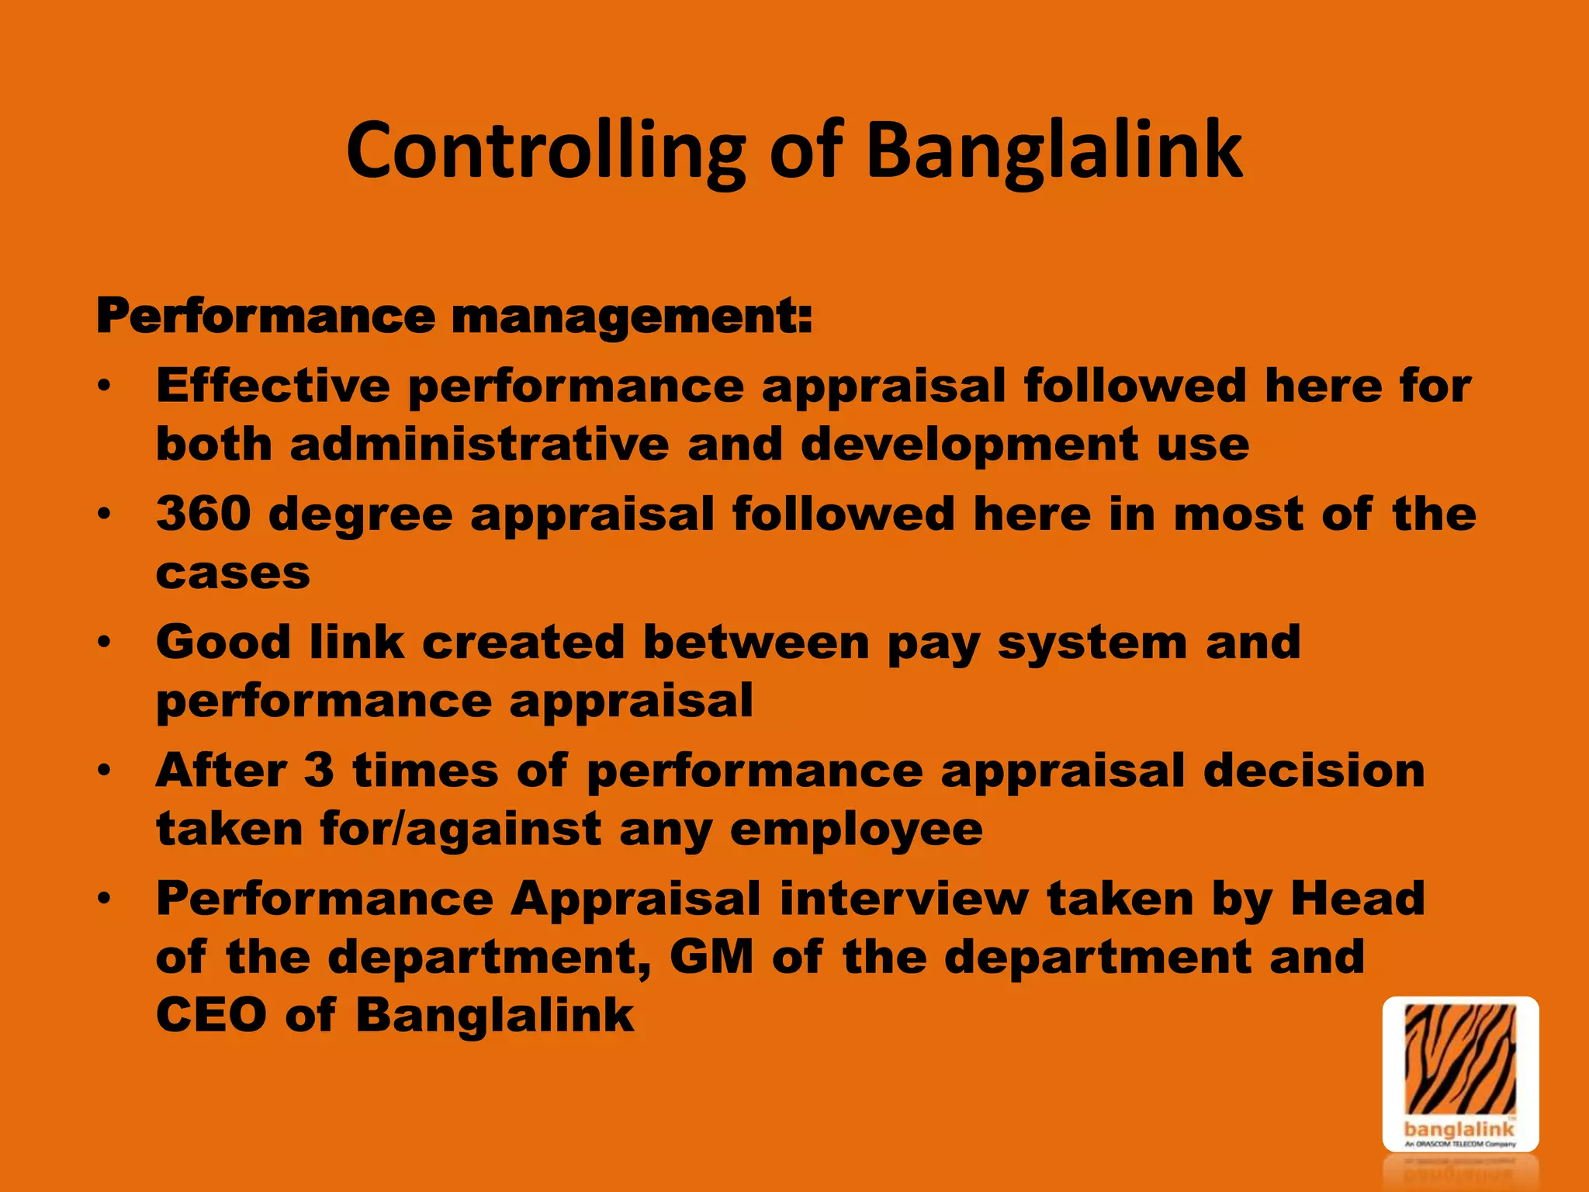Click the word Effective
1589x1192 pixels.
pos(273,386)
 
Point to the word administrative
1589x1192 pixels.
pos(479,445)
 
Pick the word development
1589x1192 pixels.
pos(969,445)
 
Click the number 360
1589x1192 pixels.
pos(203,514)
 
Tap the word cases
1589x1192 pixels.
pos(233,573)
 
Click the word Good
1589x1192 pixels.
pos(223,643)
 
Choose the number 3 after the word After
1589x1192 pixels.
pos(319,771)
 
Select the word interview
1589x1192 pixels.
pos(904,899)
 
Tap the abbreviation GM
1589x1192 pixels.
pos(711,957)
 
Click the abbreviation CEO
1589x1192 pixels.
pos(211,1015)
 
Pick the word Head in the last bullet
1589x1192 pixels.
pos(1357,899)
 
